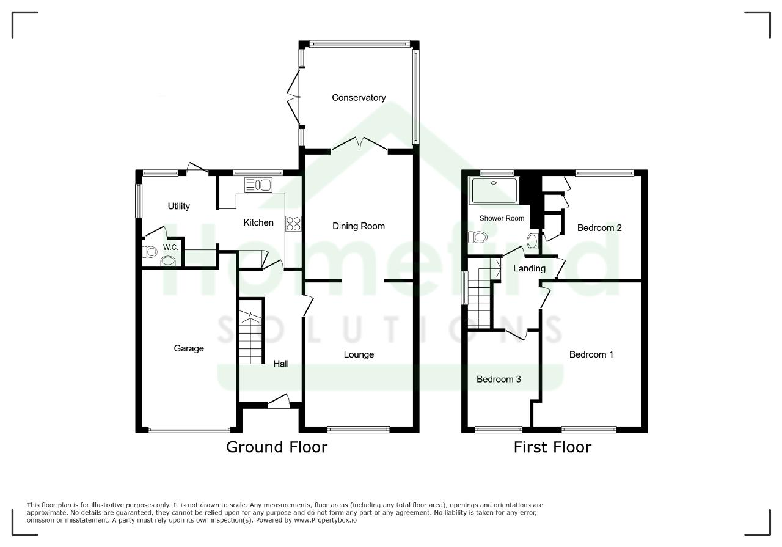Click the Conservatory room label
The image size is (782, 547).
[359, 97]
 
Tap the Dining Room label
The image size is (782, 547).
[359, 226]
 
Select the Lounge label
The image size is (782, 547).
[359, 354]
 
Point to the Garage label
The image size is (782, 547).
[189, 348]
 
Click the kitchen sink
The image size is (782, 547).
[258, 185]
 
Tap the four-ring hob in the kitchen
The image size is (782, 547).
[293, 224]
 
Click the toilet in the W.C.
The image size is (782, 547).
[150, 251]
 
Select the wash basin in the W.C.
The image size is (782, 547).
[168, 261]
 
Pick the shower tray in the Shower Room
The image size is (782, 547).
[494, 191]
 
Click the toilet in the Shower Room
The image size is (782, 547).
[477, 237]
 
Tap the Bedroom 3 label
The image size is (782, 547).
[499, 380]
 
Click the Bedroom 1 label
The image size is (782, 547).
[591, 354]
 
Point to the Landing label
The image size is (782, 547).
[529, 268]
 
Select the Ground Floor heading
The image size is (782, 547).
[277, 447]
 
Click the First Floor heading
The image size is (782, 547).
[553, 447]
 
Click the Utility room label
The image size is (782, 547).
[179, 206]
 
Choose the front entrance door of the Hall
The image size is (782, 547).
[279, 402]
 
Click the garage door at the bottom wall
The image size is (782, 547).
[189, 431]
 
